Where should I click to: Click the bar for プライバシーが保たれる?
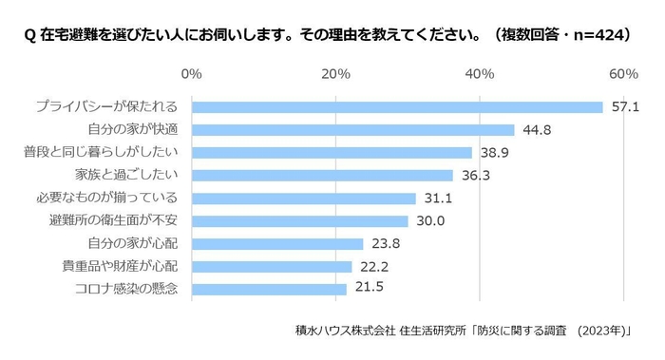[x=397, y=107]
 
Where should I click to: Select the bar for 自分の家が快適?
[x=352, y=130]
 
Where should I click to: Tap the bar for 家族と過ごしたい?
[x=322, y=176]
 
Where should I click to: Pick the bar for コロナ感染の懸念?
[x=269, y=289]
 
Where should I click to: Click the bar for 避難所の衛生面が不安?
[x=299, y=221]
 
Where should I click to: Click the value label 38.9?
[x=494, y=153]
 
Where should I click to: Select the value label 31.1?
[x=438, y=199]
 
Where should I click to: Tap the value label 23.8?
[x=385, y=244]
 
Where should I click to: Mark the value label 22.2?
[x=373, y=267]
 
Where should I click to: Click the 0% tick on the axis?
[x=191, y=74]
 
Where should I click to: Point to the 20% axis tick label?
[x=335, y=74]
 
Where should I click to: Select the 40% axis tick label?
[x=480, y=74]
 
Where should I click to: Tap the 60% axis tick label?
[x=623, y=74]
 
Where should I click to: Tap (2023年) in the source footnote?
[x=606, y=331]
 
